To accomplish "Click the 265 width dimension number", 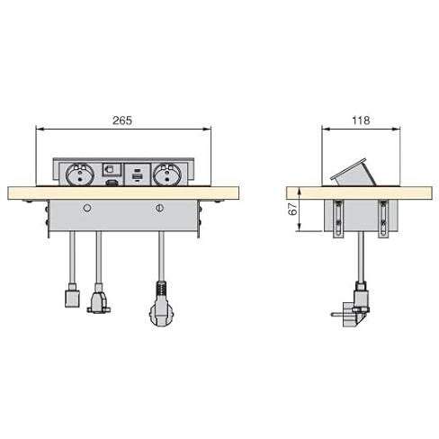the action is (122, 121).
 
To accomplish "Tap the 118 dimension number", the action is (361, 121).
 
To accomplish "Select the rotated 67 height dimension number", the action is (293, 209).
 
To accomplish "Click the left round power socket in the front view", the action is (80, 175).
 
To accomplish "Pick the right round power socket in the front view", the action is (167, 175).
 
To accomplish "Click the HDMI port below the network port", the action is (111, 182).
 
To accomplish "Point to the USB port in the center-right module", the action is (137, 177).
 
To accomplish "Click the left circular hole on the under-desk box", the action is (87, 208).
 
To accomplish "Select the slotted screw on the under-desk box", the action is (160, 208).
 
